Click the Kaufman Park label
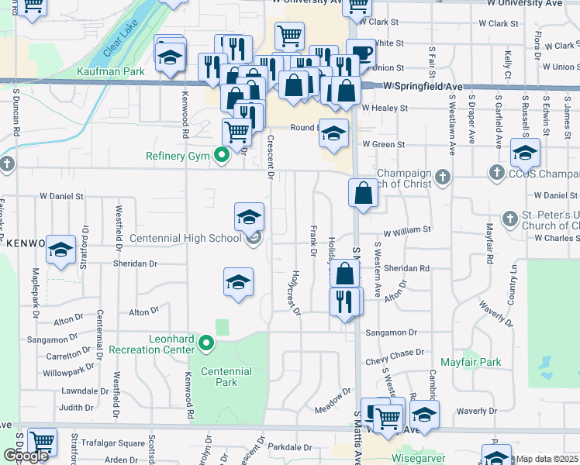pos(112,72)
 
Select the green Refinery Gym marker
pos(221,156)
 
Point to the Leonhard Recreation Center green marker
pos(206,342)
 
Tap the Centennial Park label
pos(226,377)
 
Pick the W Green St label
pos(383,144)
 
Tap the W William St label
pos(407,230)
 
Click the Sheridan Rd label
pos(407,268)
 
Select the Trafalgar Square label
pos(118,443)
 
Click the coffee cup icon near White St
pos(361,53)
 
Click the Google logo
pos(26,456)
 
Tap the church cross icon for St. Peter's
pos(509,219)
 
